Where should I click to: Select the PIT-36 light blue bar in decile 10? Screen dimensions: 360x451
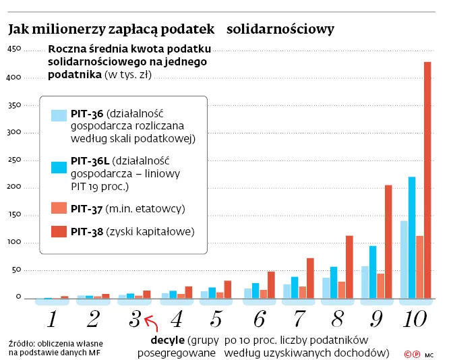(404, 260)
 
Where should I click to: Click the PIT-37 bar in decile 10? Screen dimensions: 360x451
(419, 267)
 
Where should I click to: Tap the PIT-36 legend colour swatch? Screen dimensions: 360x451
(59, 115)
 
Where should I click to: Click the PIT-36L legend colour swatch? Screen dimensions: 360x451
(59, 165)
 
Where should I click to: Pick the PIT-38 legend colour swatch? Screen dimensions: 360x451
(59, 231)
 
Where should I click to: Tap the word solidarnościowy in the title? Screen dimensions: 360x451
(280, 30)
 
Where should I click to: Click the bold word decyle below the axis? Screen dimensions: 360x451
(168, 339)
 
